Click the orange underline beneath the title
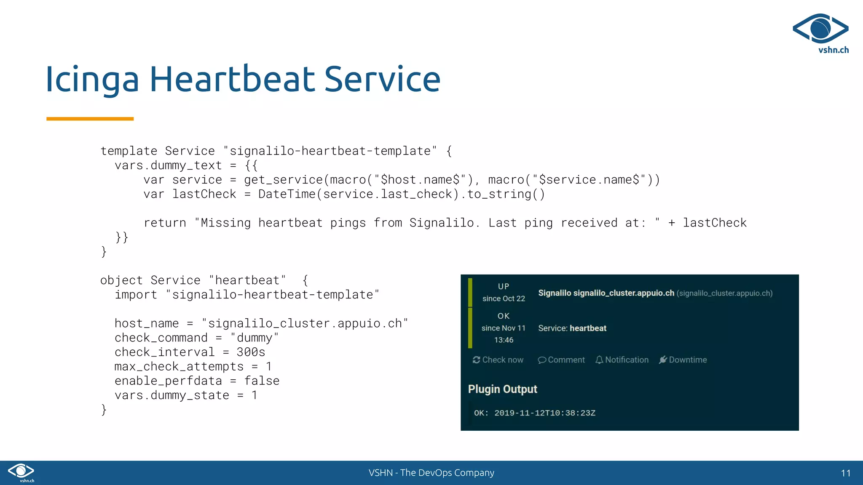pos(90,119)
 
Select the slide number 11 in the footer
pos(845,473)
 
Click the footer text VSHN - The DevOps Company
pos(431,473)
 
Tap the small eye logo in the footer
pos(21,472)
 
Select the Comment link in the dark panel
pos(561,360)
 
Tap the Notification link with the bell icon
pos(622,360)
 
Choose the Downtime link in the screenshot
pos(683,360)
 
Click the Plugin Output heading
pos(502,389)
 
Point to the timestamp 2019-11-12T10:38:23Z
pos(545,413)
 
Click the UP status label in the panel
pos(504,286)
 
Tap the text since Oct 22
pos(504,298)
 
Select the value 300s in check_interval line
pos(251,352)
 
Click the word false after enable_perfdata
pos(262,381)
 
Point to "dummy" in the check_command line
pos(255,338)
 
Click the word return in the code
pos(165,223)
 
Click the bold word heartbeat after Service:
pos(588,328)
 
